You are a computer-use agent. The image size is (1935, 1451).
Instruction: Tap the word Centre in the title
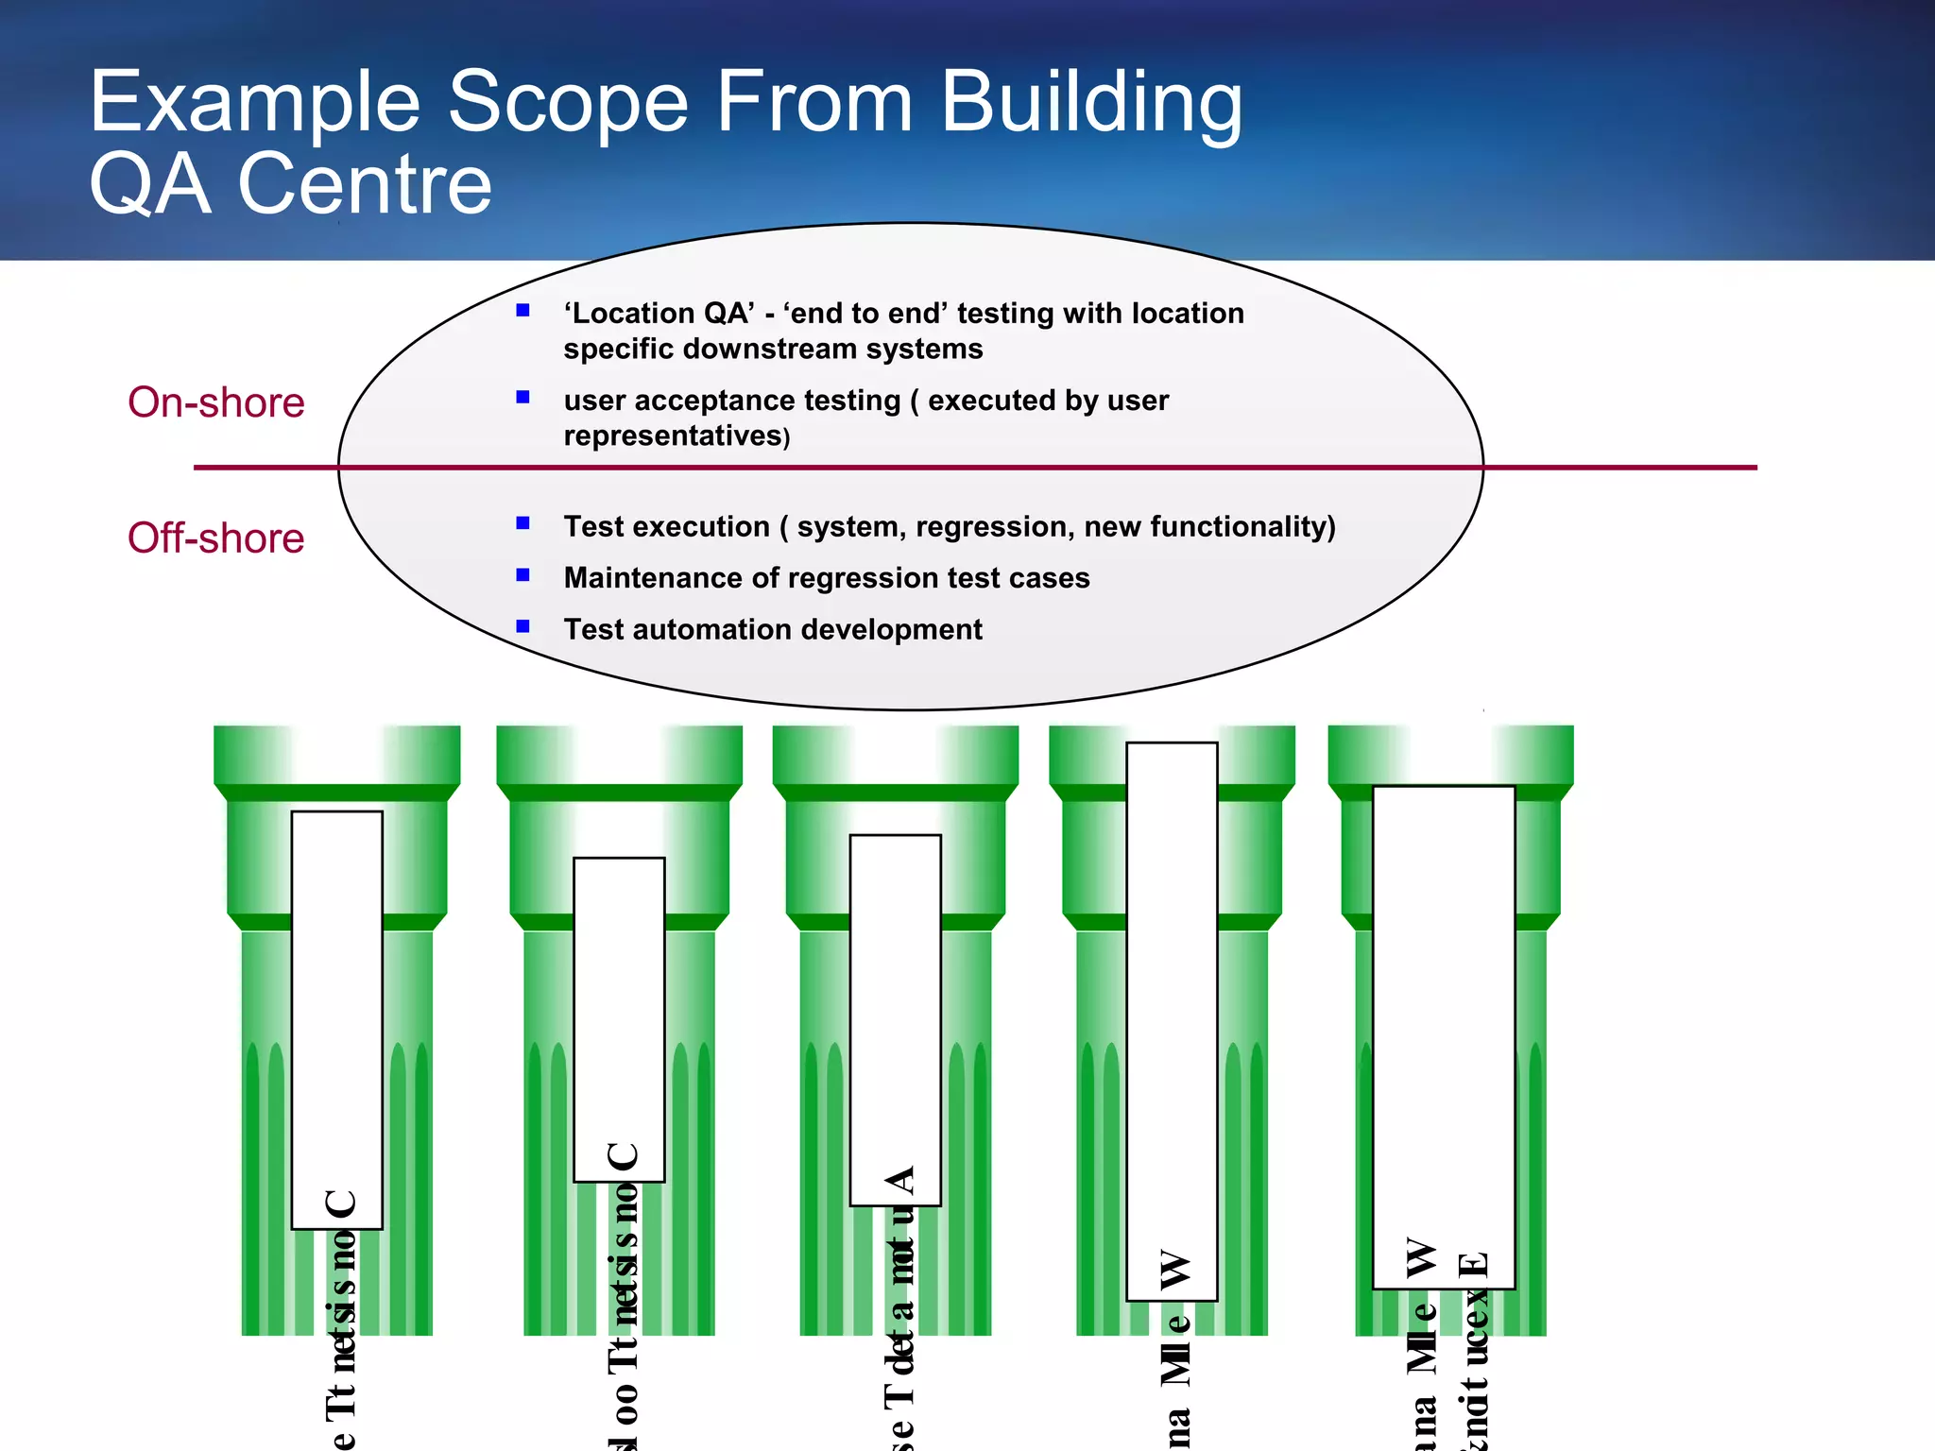click(365, 184)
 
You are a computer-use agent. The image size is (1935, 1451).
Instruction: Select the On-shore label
click(216, 402)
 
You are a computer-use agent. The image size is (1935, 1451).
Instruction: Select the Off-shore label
click(216, 538)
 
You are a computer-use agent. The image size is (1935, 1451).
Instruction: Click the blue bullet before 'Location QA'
click(522, 310)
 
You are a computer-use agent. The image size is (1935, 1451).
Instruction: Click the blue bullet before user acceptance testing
click(522, 397)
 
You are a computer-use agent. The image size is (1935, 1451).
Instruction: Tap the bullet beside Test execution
click(522, 523)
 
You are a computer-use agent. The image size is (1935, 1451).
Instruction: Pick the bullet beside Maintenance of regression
click(522, 574)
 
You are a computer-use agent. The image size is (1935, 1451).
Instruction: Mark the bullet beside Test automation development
click(522, 625)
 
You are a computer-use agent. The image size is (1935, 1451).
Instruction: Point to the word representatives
click(673, 436)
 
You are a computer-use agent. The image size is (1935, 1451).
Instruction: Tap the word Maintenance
click(654, 578)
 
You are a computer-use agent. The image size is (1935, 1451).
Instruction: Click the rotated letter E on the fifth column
click(1474, 1266)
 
